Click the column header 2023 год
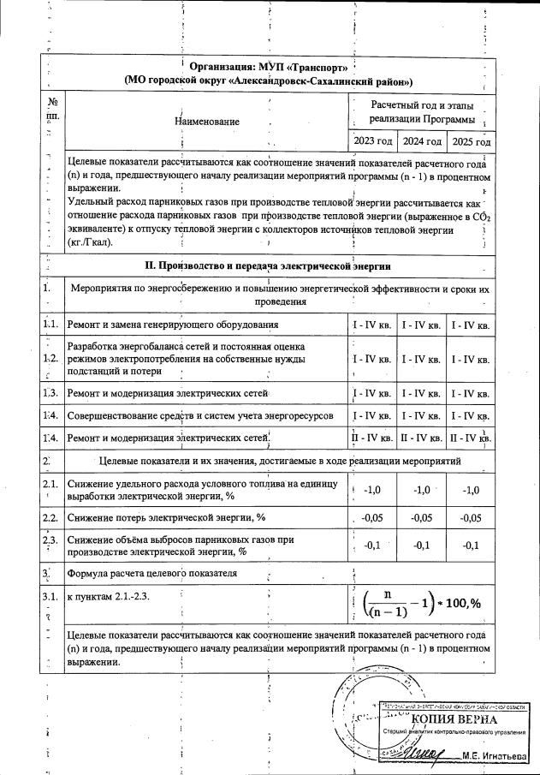(373, 140)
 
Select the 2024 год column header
(422, 140)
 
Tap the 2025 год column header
(472, 140)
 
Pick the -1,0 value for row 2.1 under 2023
(373, 490)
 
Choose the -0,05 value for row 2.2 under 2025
(472, 518)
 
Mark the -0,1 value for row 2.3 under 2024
(422, 545)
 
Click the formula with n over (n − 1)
(420, 603)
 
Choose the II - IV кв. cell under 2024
(422, 438)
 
